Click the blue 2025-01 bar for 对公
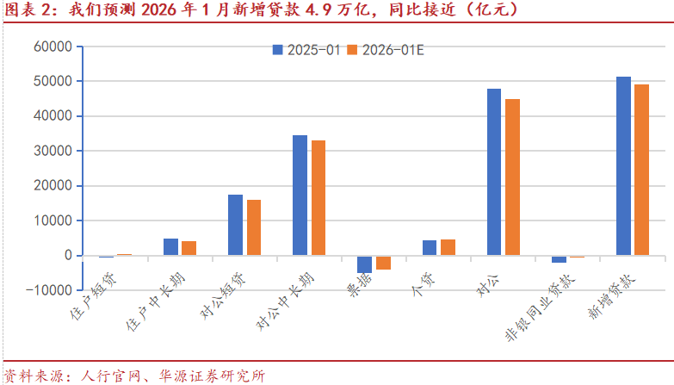494,172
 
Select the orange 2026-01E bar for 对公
513,177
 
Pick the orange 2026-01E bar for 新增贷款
642,170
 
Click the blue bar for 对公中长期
300,196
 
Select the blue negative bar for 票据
364,264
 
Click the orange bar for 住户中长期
189,248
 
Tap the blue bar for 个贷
430,248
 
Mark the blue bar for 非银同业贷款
559,259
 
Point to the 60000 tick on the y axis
53,47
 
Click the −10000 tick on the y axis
50,290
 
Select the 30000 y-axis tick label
53,151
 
